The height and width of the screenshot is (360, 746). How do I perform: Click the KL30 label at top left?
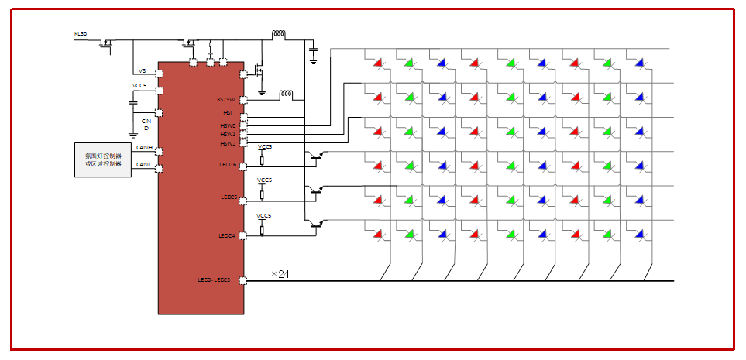click(81, 33)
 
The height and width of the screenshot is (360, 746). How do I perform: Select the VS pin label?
click(143, 71)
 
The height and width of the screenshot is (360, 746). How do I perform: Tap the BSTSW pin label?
click(226, 99)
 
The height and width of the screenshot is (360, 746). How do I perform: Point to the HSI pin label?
click(228, 112)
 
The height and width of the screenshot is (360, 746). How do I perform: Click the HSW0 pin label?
click(228, 125)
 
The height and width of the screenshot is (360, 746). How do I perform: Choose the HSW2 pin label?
click(228, 143)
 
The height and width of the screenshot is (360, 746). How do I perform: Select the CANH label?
click(144, 146)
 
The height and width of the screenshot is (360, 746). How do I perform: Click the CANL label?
click(144, 164)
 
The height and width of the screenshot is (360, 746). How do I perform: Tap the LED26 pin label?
click(228, 164)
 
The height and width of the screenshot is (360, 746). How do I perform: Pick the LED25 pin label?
click(228, 197)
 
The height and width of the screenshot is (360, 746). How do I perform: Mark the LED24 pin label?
click(228, 235)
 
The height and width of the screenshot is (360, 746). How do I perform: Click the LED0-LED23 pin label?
click(215, 279)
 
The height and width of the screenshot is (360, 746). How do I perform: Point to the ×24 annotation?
click(280, 273)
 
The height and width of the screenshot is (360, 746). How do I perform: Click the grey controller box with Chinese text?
click(103, 160)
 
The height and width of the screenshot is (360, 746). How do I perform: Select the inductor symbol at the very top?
click(278, 34)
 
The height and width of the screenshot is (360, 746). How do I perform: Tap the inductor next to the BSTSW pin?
click(286, 94)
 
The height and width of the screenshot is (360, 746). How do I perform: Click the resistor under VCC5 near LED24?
click(262, 229)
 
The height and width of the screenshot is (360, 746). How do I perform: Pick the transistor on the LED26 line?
click(316, 156)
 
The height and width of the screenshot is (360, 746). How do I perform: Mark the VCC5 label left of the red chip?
click(139, 85)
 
